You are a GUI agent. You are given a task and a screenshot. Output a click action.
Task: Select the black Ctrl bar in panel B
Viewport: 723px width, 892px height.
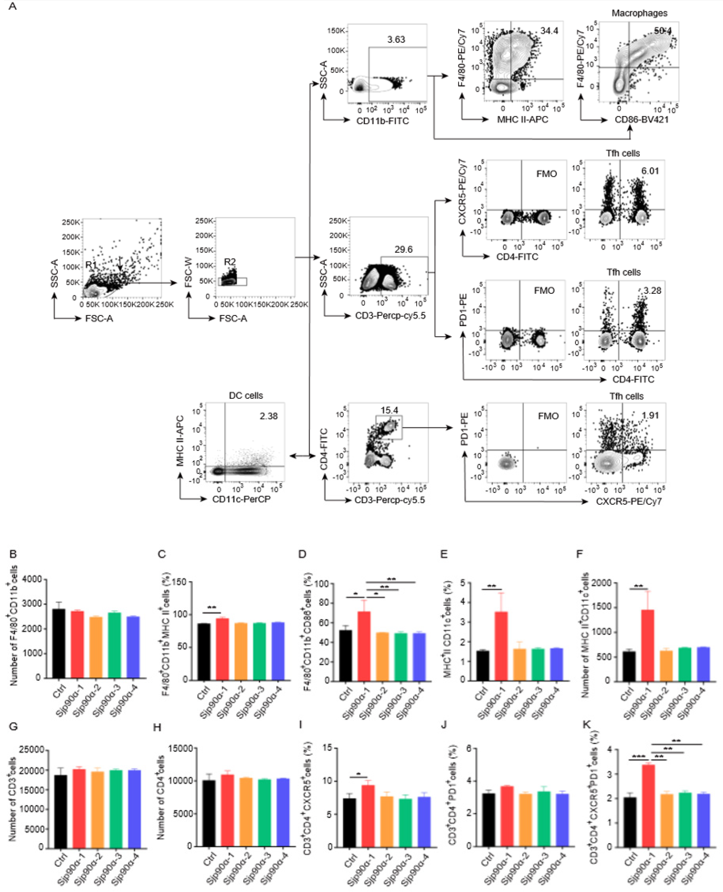[59, 643]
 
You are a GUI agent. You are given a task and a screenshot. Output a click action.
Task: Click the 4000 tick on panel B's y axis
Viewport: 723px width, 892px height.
[32, 579]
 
